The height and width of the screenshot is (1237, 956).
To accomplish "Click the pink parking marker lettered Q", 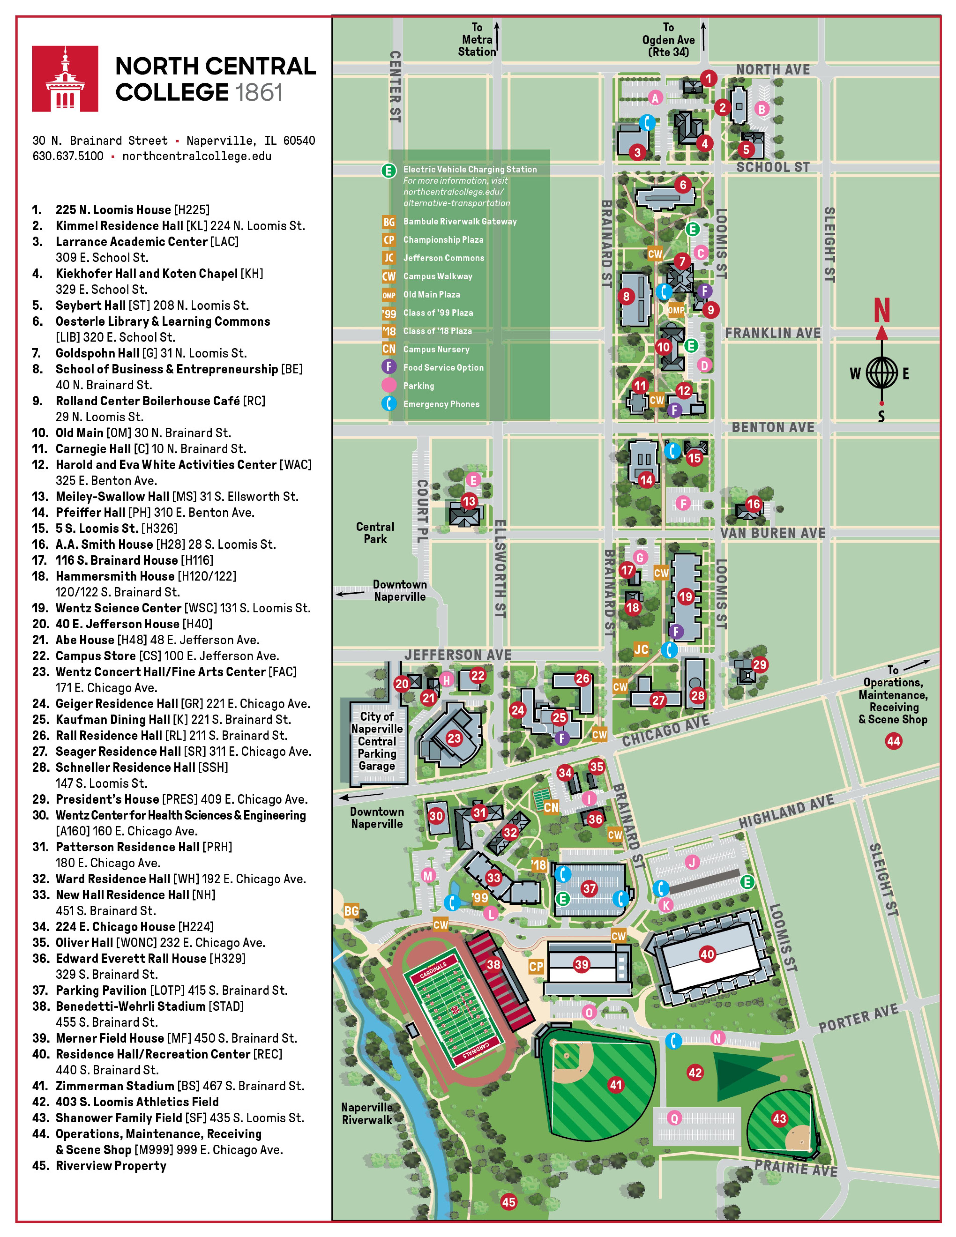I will click(674, 1118).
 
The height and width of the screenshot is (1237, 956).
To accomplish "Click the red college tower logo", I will click(65, 79).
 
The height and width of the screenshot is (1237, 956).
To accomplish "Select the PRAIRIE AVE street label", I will click(796, 1168).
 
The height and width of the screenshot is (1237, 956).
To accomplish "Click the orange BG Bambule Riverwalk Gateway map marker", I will click(351, 911).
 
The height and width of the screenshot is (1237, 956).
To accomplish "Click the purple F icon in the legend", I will click(389, 367).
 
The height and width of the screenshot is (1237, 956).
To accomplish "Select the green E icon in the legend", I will click(389, 170).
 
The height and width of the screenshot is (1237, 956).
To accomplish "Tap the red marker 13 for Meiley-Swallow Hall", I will click(468, 501).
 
